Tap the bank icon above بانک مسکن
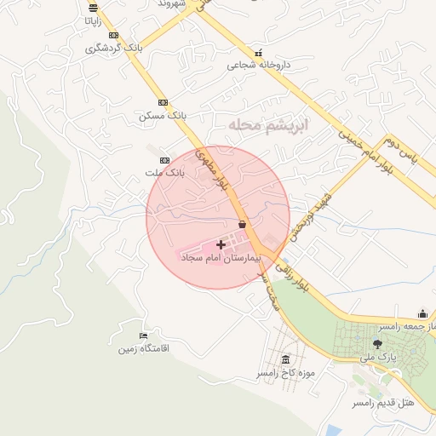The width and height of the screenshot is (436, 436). tap(163, 102)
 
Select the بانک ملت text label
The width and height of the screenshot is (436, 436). tap(163, 173)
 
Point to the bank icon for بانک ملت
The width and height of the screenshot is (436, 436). tap(164, 160)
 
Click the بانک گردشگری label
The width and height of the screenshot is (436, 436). tap(114, 48)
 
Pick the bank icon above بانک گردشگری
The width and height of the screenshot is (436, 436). tap(113, 35)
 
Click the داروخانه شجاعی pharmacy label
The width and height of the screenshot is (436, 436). tap(259, 65)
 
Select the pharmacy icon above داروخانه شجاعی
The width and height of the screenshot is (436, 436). tap(259, 53)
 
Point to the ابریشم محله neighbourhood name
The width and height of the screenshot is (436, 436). tap(267, 125)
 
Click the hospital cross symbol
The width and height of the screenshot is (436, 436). tap(221, 244)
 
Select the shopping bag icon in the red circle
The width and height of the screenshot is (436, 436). tap(243, 225)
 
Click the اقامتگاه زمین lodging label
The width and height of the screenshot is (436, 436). tap(144, 348)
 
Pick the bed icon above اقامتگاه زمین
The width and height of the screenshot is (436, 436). tap(143, 336)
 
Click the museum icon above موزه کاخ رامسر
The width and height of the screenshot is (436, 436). tap(284, 359)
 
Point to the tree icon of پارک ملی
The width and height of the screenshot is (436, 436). tap(377, 344)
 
